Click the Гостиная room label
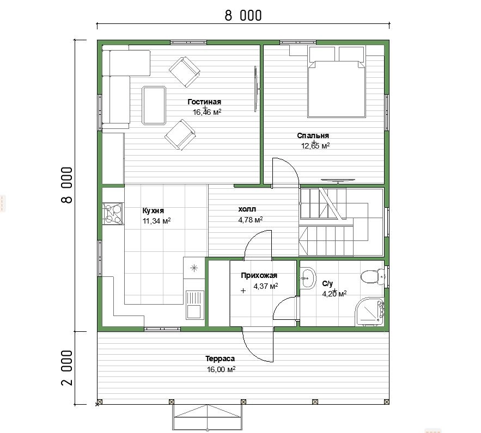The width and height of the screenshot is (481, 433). (x=204, y=102)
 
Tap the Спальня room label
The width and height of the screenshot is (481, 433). (x=313, y=135)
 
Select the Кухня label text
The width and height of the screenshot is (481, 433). (x=153, y=211)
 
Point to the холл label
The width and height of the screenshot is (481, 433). (x=247, y=209)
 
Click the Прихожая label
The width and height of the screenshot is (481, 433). (x=259, y=275)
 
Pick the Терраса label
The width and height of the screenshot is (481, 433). (x=220, y=358)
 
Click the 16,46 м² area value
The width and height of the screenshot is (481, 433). (x=207, y=112)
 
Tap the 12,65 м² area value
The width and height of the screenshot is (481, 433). (x=315, y=146)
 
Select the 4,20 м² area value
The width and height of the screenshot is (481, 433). (x=334, y=294)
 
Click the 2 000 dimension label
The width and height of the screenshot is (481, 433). (x=67, y=368)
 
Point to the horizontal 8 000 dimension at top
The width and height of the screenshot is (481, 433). (x=243, y=16)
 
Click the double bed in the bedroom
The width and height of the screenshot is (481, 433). (x=337, y=82)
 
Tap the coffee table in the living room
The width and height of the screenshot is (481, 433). (x=154, y=106)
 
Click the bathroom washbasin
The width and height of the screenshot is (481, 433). (x=308, y=279)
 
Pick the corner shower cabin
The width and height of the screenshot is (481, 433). (x=370, y=310)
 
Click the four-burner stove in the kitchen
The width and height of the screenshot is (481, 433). (x=113, y=213)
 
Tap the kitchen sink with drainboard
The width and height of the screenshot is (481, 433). (x=194, y=305)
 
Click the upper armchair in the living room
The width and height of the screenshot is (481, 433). (x=184, y=72)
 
